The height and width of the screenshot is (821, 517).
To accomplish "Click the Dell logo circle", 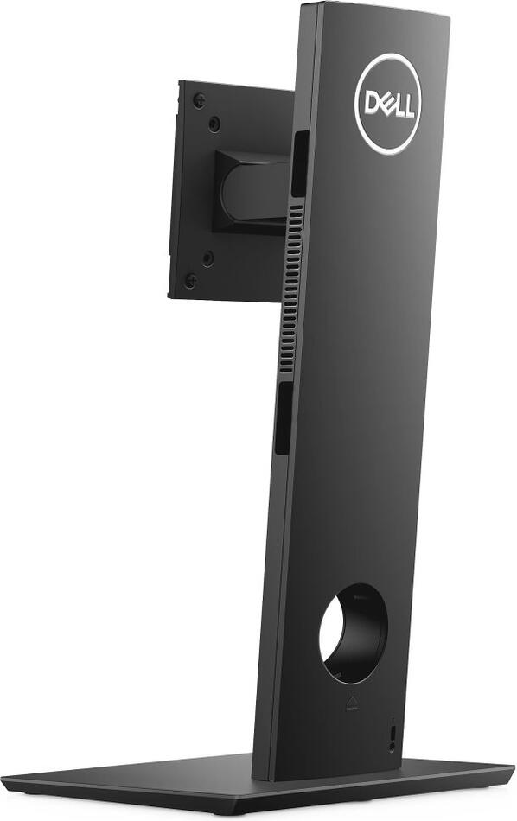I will pos(387,104).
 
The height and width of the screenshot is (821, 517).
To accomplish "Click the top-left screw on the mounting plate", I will pos(199,100).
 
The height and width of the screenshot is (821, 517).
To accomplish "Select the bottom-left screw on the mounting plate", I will pos(190,280).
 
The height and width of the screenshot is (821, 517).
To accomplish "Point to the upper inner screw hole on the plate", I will pos(214,124).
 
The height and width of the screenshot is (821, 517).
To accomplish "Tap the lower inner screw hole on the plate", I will pos(207,258).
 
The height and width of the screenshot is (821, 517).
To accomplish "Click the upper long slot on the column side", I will pos(298,164).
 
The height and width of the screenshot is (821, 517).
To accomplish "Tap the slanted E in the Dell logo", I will pos(386,104).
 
